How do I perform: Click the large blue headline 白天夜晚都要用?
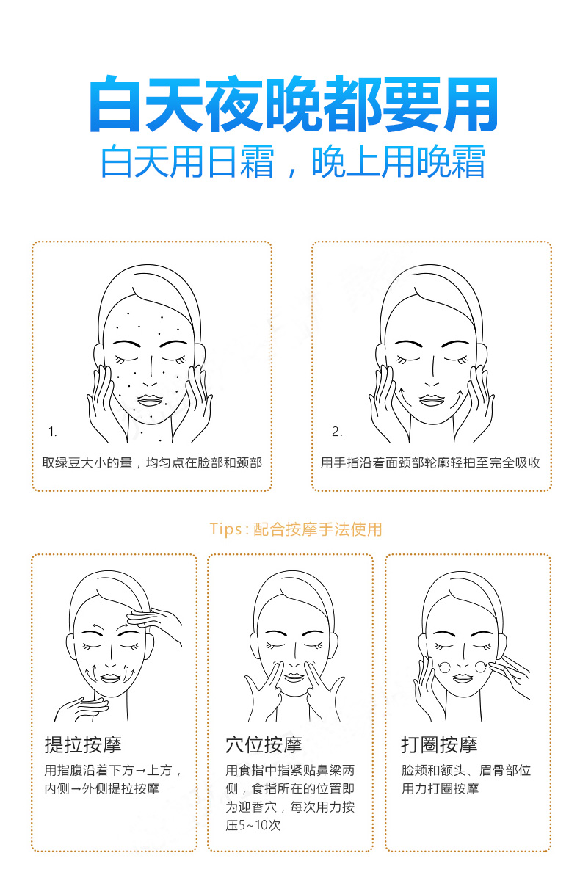[x=293, y=104]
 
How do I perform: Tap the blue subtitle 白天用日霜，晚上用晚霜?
[x=293, y=161]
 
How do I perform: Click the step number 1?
[x=52, y=432]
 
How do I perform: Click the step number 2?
[x=336, y=432]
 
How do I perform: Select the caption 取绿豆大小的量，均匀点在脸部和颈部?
[x=152, y=462]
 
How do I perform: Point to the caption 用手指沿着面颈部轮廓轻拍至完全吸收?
[x=430, y=462]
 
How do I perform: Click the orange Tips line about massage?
[x=296, y=529]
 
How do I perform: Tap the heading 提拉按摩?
[x=83, y=744]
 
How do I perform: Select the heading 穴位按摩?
[x=264, y=744]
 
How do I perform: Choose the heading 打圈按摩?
[x=439, y=744]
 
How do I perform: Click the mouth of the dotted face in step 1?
[x=150, y=401]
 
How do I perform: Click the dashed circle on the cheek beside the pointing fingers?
[x=481, y=667]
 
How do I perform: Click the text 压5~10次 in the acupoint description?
[x=253, y=825]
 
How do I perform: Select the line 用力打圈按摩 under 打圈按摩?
[x=440, y=788]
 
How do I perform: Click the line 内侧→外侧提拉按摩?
[x=102, y=788]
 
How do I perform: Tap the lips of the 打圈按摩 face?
[x=463, y=678]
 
